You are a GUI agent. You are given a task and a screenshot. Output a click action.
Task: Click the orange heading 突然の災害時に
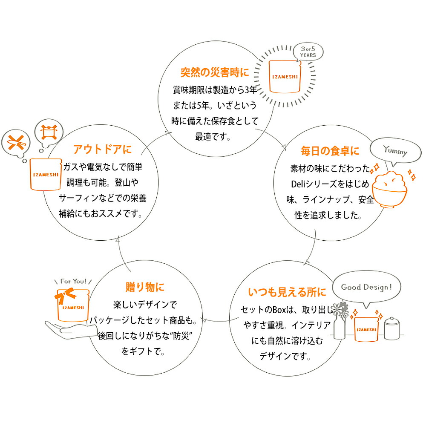pyautogui.click(x=214, y=72)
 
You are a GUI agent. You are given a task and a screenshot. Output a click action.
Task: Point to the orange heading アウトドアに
pyautogui.click(x=102, y=149)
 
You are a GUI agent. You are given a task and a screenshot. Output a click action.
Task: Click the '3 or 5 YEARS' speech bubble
pyautogui.click(x=308, y=52)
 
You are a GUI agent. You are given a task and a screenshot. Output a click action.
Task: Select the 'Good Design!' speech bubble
pyautogui.click(x=365, y=288)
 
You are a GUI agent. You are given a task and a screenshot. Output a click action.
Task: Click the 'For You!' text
pyautogui.click(x=73, y=281)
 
